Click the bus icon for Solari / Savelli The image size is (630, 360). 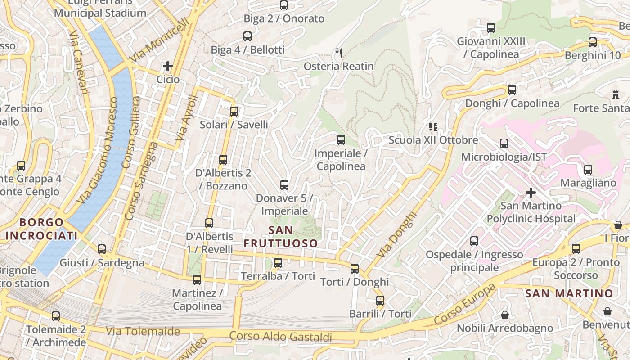(234, 112)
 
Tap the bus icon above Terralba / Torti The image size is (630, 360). (278, 263)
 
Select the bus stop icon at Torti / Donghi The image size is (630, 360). (355, 269)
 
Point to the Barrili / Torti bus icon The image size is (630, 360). (380, 301)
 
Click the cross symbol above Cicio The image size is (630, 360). (168, 67)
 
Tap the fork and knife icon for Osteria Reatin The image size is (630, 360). (339, 53)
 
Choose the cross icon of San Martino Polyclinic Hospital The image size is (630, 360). (531, 193)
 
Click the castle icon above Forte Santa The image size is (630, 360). (615, 95)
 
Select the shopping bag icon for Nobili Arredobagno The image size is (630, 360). (505, 315)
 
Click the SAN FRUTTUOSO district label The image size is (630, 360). (281, 237)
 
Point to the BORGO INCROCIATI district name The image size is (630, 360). (41, 229)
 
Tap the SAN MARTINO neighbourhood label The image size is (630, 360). (569, 294)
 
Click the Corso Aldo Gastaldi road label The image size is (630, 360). (281, 337)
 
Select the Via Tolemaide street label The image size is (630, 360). (143, 332)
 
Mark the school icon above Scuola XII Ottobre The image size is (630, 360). (433, 127)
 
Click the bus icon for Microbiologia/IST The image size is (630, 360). (504, 144)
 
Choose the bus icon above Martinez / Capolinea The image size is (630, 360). (197, 280)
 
